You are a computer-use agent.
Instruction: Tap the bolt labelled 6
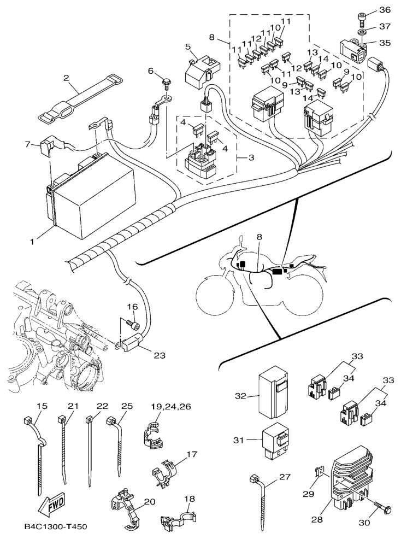(x=167, y=84)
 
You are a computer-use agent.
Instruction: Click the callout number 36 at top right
(x=384, y=10)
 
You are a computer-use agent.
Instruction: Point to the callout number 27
(x=285, y=477)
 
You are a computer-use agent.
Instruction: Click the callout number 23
(x=159, y=355)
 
